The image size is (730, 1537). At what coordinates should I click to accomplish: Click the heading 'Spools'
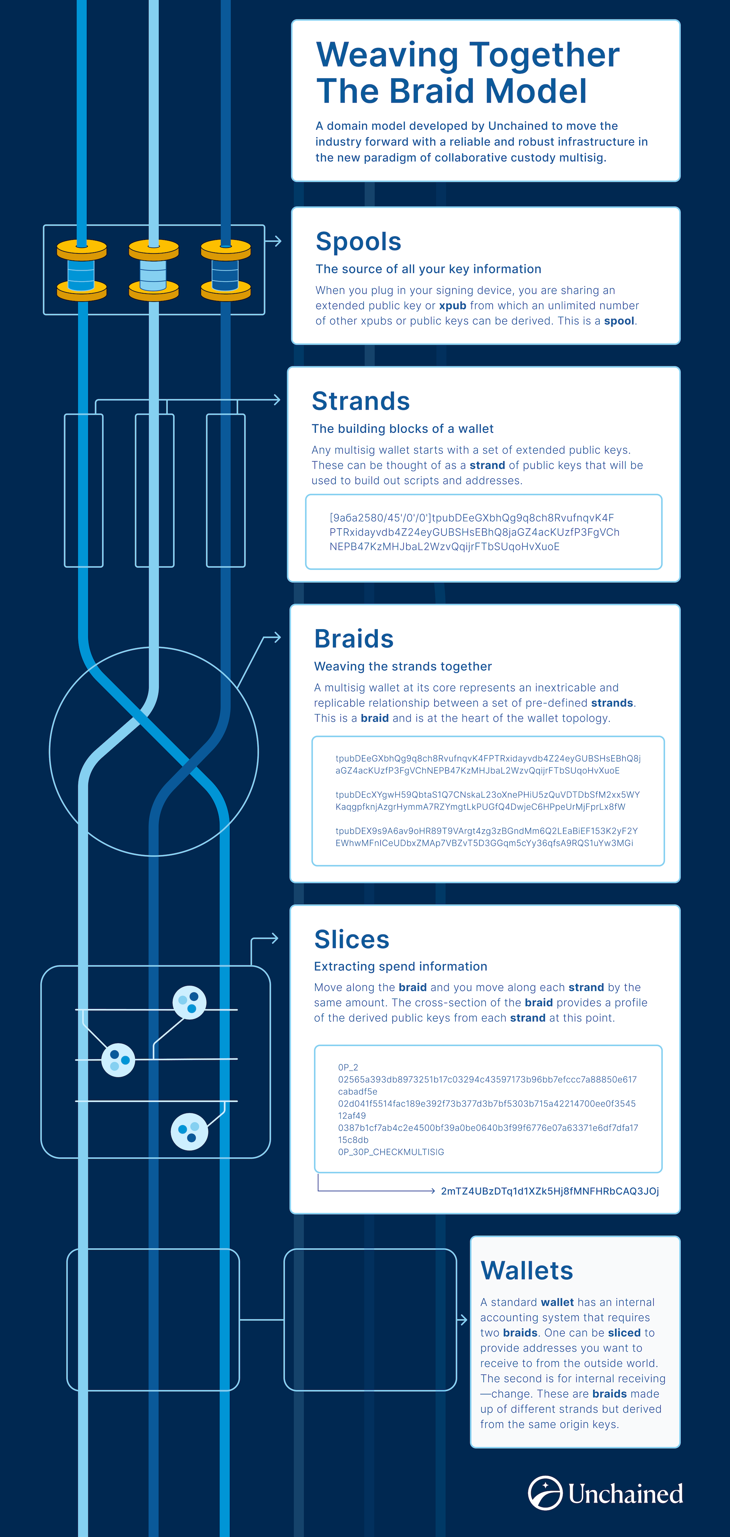coord(358,242)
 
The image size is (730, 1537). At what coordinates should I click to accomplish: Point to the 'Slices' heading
coord(352,939)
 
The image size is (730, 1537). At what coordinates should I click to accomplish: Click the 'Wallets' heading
coord(527,1270)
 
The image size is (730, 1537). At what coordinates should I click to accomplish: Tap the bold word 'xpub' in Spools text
coord(453,306)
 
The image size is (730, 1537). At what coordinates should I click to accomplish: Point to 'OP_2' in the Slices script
coord(348,1067)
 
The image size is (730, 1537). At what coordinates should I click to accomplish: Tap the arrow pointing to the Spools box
coord(273,241)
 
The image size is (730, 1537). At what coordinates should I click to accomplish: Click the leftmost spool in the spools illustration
coord(82,270)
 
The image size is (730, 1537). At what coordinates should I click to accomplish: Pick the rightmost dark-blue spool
coord(226,270)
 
